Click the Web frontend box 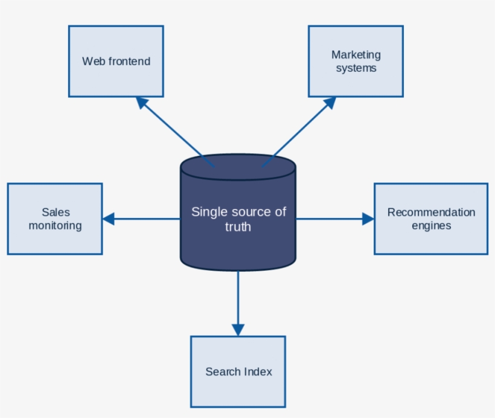click(116, 61)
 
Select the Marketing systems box click(356, 61)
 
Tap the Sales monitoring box click(55, 219)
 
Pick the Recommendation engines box click(431, 219)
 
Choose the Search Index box click(238, 371)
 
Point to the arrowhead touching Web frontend click(142, 103)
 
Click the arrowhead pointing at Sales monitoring click(108, 219)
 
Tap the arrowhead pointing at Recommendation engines click(368, 219)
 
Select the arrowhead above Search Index click(238, 329)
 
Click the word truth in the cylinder click(238, 227)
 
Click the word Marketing click(356, 55)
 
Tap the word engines click(431, 226)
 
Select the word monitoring click(55, 226)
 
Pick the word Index click(258, 371)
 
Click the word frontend click(129, 61)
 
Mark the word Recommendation click(431, 212)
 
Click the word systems click(356, 68)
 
